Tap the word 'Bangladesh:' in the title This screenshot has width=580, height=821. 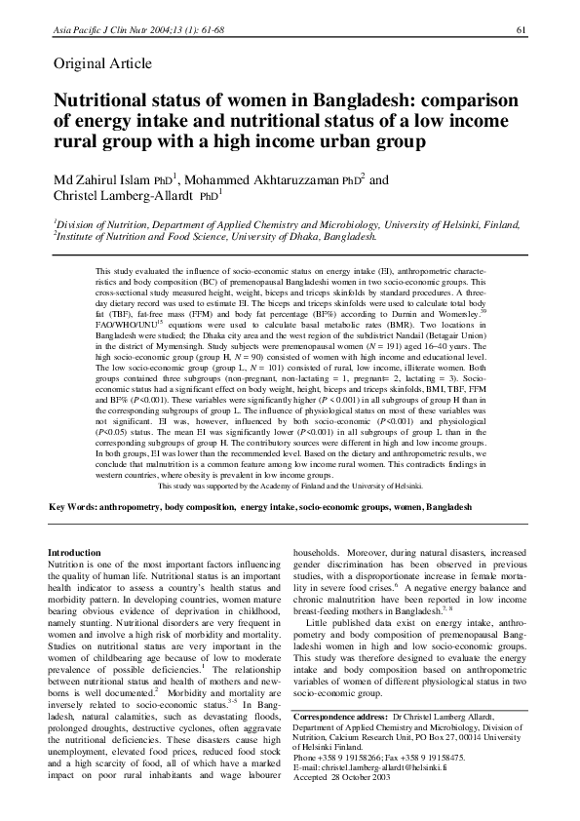(339, 100)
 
